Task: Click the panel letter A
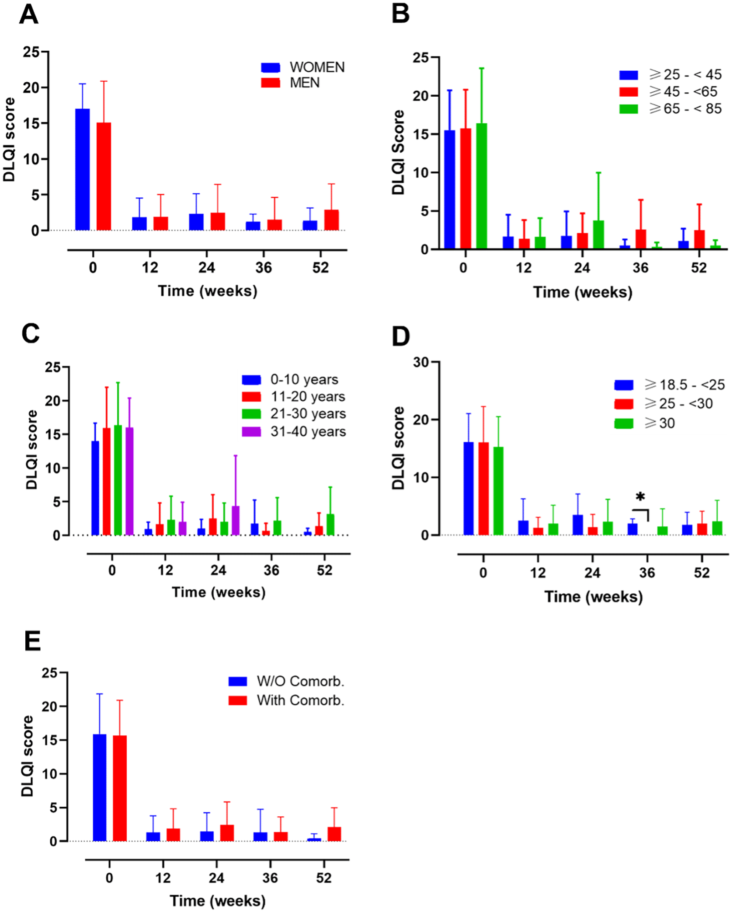29,15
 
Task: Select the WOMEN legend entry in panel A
302,67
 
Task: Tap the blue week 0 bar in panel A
83,169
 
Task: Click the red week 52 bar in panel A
331,220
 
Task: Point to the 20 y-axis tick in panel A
31,88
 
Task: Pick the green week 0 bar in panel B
481,186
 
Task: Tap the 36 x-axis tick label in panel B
640,268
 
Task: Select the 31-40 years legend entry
294,432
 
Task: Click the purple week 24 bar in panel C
236,521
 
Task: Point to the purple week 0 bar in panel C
129,481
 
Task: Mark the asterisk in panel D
640,497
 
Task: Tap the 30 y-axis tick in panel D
421,362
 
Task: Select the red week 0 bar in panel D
483,489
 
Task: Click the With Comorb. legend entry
286,700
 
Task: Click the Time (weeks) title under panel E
218,901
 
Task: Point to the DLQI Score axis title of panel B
398,152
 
